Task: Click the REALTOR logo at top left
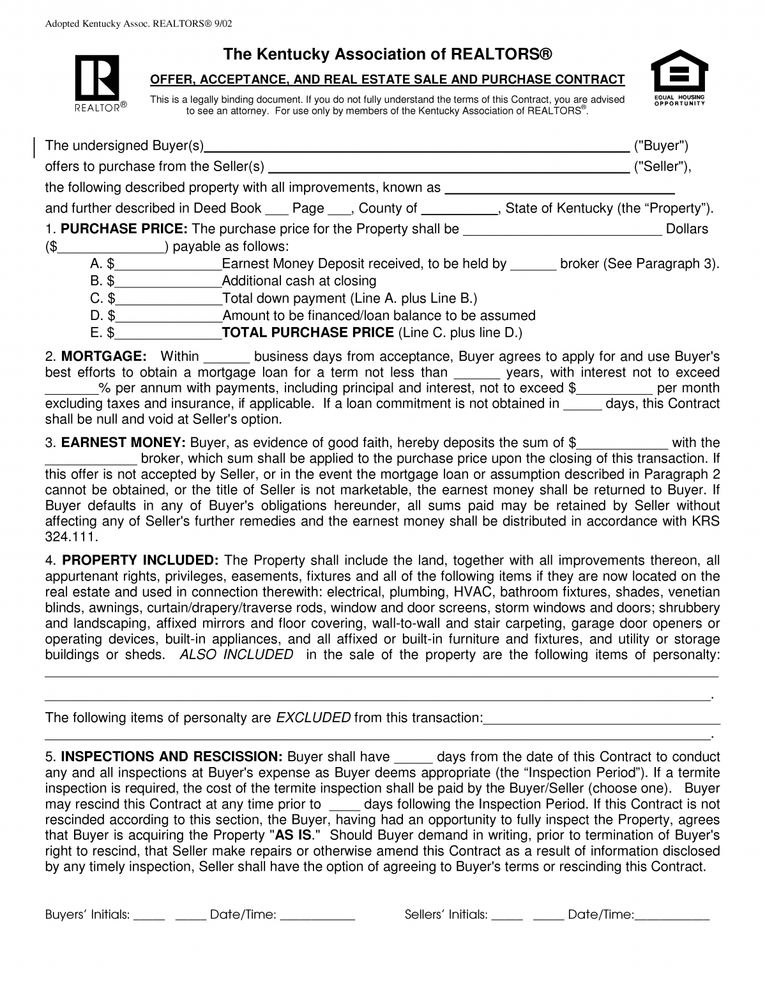click(96, 82)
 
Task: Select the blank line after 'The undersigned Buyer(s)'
click(416, 147)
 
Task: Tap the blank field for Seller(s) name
click(448, 168)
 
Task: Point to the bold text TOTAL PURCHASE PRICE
click(308, 333)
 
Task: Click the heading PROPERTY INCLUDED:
click(140, 561)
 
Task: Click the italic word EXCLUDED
click(313, 718)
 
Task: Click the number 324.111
click(72, 536)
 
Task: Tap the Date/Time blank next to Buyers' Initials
click(317, 915)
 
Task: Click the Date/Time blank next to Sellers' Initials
click(672, 915)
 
